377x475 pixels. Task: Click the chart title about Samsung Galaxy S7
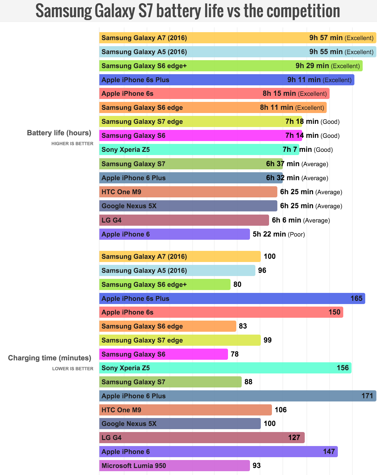188,11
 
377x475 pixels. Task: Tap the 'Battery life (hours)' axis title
59,133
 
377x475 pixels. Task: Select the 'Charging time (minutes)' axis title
50,358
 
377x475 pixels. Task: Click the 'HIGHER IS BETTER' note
72,144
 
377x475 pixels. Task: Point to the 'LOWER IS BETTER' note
73,369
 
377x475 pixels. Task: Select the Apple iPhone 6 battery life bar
174,234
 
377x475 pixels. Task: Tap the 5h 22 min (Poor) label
279,234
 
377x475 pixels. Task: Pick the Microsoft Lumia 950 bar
174,465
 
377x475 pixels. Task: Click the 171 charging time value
367,396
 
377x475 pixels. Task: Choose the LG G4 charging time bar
202,437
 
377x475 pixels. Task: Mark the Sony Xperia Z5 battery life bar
199,150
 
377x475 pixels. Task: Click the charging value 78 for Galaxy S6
235,354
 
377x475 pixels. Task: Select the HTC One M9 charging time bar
185,410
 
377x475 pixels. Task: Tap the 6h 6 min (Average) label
301,220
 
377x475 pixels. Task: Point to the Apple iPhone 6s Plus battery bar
226,80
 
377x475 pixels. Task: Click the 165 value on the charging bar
356,298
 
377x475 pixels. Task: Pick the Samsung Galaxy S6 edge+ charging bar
165,284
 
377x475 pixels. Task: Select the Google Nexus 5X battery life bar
188,206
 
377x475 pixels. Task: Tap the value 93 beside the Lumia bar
257,465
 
